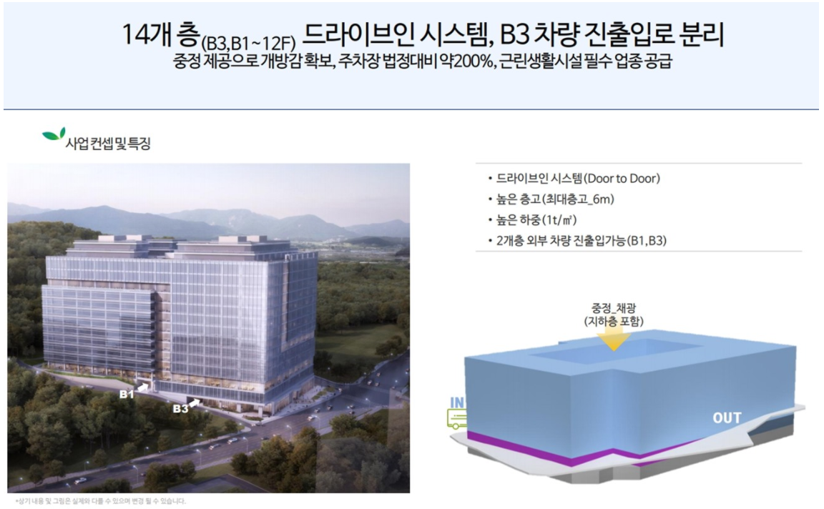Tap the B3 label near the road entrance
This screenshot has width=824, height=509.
click(x=180, y=408)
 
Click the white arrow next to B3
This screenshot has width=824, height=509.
click(x=196, y=402)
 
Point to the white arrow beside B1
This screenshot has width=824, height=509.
click(x=144, y=386)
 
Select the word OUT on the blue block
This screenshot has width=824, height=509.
click(x=726, y=417)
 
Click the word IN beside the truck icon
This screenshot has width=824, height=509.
click(x=457, y=403)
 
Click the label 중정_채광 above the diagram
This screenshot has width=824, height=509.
click(x=613, y=310)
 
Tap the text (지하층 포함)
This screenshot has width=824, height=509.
click(x=613, y=322)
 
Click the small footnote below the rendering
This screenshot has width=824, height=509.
click(x=97, y=501)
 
